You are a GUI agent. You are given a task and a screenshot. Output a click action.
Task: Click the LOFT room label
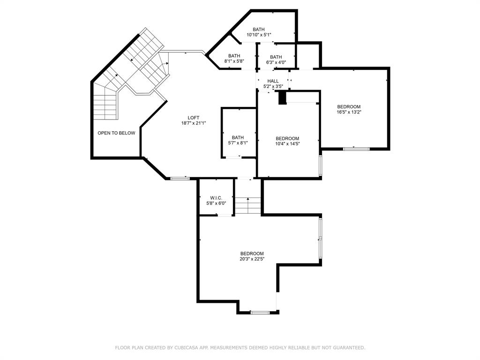click(x=194, y=118)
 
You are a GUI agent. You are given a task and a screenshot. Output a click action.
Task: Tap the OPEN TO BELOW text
click(x=116, y=133)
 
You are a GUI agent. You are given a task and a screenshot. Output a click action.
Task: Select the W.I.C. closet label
click(x=216, y=197)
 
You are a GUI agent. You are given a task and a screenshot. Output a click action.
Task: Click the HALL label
click(x=273, y=81)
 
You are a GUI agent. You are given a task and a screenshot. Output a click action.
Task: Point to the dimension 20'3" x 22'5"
click(x=252, y=259)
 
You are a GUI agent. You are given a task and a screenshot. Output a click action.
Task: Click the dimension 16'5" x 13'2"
click(x=348, y=112)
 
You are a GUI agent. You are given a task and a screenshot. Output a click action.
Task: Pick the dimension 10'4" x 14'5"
click(x=287, y=144)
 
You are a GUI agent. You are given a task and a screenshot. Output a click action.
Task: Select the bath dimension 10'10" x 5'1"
click(x=259, y=35)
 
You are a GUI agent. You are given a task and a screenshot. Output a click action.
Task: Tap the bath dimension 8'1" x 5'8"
click(x=234, y=61)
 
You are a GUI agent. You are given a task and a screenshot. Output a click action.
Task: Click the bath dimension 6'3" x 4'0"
click(x=276, y=63)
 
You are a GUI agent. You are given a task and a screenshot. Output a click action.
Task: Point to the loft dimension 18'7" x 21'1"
click(x=194, y=123)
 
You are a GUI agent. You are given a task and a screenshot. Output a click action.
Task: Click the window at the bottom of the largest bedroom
click(x=260, y=312)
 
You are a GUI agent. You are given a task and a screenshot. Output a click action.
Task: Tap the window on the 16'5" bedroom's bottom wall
click(x=356, y=149)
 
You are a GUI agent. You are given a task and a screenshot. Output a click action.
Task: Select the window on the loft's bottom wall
click(x=179, y=178)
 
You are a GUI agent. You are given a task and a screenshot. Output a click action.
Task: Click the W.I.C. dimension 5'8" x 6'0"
click(x=216, y=203)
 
